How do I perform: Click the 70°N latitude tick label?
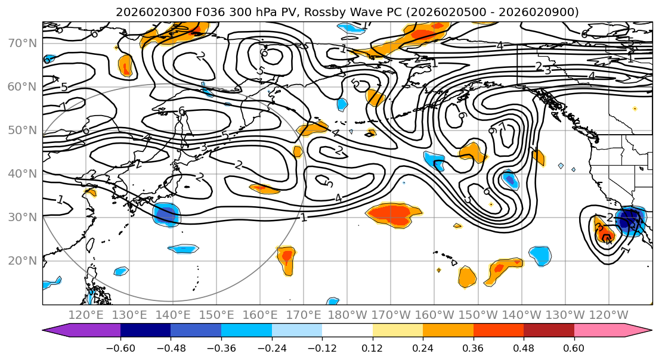point(23,43)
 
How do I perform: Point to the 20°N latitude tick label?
point(23,260)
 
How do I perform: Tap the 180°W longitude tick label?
point(347,315)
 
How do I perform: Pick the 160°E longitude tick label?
point(260,315)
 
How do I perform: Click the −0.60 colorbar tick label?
point(120,347)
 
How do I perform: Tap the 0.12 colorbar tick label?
point(372,347)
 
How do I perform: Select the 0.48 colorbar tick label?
point(524,347)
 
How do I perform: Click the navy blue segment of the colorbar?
point(146,330)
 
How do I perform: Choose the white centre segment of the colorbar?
point(347,330)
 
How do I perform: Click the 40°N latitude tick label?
point(23,173)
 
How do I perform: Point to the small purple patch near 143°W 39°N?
point(509,178)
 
